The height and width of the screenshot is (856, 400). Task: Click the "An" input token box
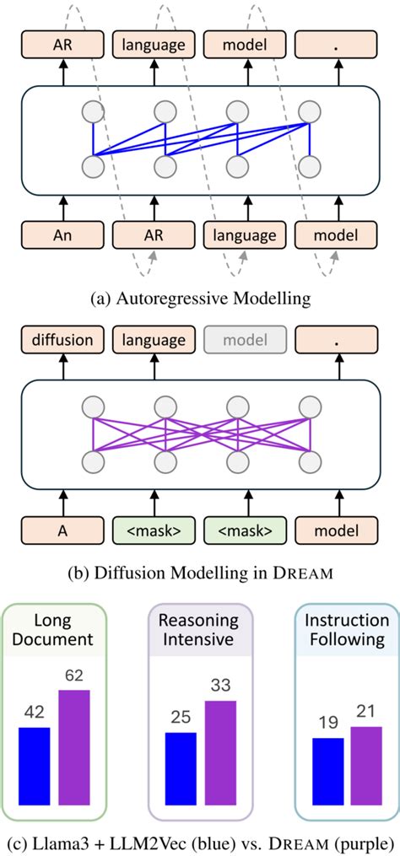(62, 234)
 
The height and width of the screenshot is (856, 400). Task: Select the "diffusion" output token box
(62, 340)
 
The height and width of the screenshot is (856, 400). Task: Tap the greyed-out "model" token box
(246, 340)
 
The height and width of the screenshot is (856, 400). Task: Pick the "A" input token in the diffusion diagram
(62, 533)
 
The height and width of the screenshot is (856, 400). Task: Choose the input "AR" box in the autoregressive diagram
(154, 234)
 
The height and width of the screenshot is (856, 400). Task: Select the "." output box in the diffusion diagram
(338, 340)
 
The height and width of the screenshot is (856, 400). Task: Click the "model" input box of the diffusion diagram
(338, 533)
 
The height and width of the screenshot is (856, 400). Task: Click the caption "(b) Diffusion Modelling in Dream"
(200, 573)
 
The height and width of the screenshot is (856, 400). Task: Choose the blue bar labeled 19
(328, 778)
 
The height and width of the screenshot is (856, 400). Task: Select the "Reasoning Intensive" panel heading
(200, 629)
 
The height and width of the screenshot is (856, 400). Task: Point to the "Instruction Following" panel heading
(346, 629)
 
